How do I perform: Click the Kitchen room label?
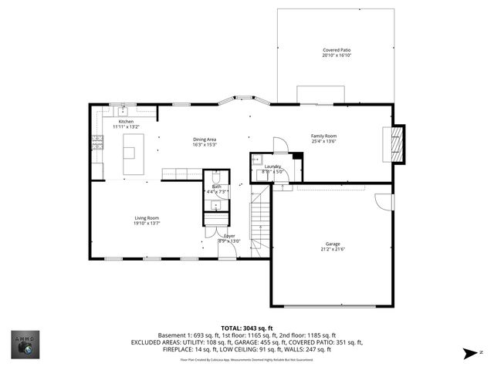point(126,121)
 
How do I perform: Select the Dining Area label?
point(205,139)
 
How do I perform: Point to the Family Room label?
point(324,136)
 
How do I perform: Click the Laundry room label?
point(272,166)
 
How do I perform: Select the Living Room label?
point(147,218)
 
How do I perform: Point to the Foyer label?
point(230,235)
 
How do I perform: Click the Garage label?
point(333,244)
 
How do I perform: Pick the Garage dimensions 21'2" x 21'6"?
point(333,249)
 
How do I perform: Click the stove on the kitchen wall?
point(97,142)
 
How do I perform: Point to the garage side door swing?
point(382,200)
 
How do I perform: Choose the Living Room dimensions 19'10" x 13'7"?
point(147,224)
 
